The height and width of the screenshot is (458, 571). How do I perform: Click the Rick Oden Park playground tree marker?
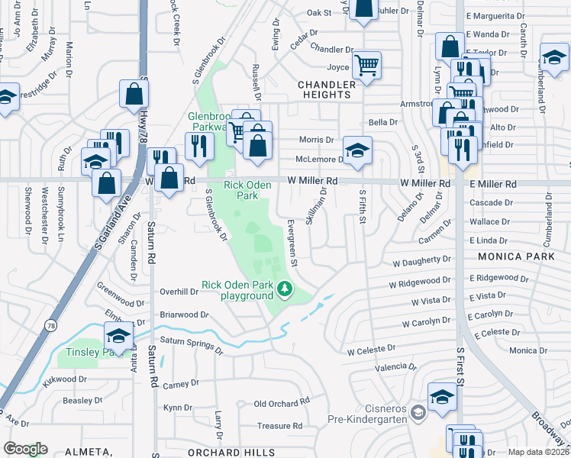[x=284, y=289]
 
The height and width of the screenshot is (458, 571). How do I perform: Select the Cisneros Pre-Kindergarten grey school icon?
[x=417, y=413]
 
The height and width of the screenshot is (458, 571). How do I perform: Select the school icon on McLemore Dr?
[x=356, y=150]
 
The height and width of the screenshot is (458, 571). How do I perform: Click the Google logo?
[x=25, y=449]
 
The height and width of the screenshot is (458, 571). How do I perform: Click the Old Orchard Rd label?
[x=282, y=403]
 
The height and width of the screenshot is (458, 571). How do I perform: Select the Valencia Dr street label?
[x=392, y=367]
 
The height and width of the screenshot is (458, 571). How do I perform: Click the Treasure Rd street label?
[x=279, y=426]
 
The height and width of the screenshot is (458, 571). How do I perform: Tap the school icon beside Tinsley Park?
[x=118, y=337]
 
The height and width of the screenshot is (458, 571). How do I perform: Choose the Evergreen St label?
[x=292, y=244]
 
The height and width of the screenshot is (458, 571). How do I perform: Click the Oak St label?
[x=319, y=13]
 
